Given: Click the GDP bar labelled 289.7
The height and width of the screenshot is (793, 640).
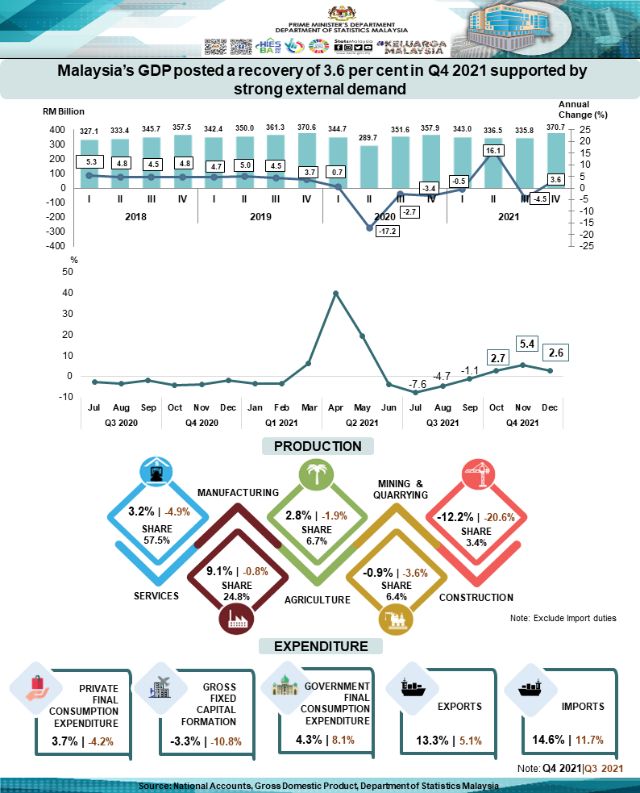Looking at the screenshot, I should [x=370, y=166].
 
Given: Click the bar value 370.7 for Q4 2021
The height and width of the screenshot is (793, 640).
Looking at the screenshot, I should [x=556, y=129].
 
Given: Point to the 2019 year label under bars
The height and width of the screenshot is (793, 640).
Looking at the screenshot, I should [x=260, y=217].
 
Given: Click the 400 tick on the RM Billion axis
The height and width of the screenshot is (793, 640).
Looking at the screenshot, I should [x=57, y=130].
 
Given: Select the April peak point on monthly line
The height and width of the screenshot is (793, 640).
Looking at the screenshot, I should [x=335, y=293].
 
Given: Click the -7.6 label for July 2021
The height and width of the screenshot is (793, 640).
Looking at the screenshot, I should [x=418, y=383].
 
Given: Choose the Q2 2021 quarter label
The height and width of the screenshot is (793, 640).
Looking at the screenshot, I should [x=362, y=423].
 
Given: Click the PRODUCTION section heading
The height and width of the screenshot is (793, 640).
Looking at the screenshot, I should [x=318, y=446].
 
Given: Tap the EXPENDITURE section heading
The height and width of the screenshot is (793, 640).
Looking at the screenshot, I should [x=321, y=646].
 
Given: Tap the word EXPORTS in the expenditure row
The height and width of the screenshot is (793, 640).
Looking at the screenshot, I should [x=459, y=707].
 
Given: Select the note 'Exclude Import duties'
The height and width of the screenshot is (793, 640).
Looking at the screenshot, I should [x=563, y=618].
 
